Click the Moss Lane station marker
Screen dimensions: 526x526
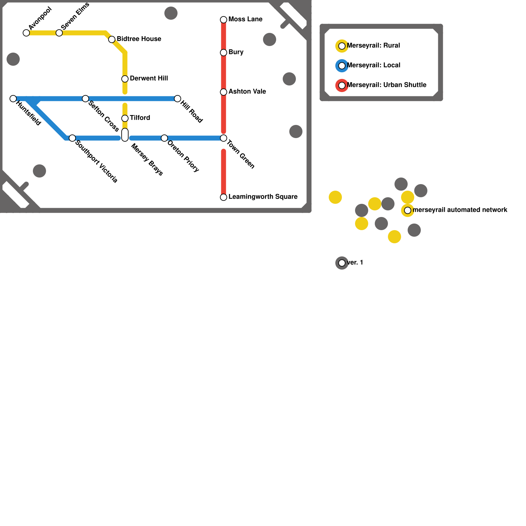[x=224, y=20]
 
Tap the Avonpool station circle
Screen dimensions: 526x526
[x=26, y=33]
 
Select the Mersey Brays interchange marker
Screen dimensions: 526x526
[x=125, y=135]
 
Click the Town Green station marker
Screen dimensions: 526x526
[x=224, y=138]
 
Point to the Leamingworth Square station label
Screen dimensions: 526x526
[x=263, y=197]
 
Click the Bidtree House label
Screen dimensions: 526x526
[x=139, y=39]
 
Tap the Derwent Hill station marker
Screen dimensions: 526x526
[x=125, y=79]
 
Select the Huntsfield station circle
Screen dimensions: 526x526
[x=13, y=99]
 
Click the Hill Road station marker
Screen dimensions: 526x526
[x=178, y=99]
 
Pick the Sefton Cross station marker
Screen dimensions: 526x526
[x=85, y=99]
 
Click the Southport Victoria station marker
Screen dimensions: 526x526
[x=72, y=138]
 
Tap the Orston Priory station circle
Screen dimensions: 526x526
[x=164, y=138]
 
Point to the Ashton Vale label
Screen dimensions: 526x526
[x=247, y=92]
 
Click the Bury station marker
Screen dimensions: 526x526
[x=224, y=53]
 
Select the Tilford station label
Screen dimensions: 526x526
[x=140, y=118]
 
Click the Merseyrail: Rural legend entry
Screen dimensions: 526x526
[x=373, y=46]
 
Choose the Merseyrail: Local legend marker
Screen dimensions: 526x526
[x=342, y=66]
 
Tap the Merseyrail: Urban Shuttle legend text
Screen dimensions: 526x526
[x=386, y=85]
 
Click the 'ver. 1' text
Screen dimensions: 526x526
[x=355, y=263]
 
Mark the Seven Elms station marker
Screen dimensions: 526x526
[x=59, y=33]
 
